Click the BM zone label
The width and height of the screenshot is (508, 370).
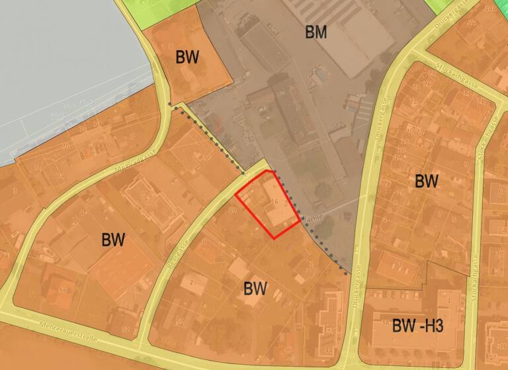click(x=316, y=31)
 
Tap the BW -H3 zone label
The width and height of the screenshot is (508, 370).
click(x=417, y=325)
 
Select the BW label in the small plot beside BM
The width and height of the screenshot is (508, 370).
click(x=187, y=56)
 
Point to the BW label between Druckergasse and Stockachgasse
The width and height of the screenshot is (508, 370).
click(x=427, y=180)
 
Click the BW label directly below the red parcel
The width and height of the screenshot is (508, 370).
click(x=255, y=288)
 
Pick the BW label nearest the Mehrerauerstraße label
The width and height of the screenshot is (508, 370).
click(x=113, y=239)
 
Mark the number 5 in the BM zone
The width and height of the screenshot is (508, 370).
click(x=298, y=107)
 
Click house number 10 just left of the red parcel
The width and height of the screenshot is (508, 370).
click(x=232, y=210)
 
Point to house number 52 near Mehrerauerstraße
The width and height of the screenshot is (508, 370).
click(x=126, y=328)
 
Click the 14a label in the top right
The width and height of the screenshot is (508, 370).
click(x=490, y=9)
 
